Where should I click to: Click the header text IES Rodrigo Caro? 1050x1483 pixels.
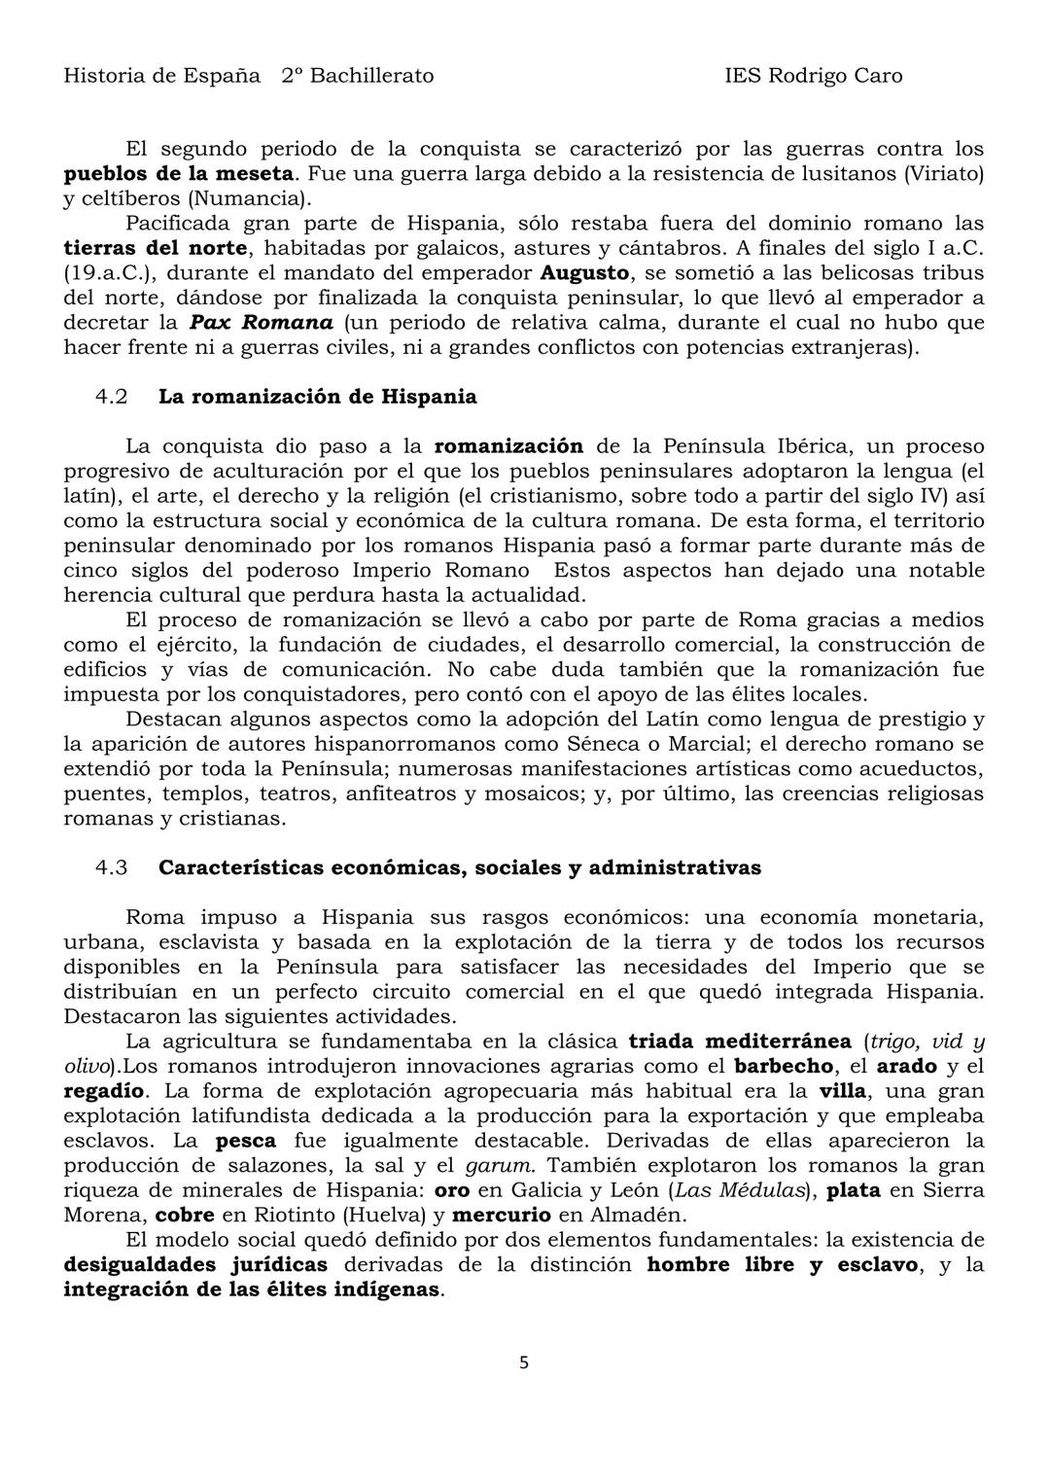coord(813,76)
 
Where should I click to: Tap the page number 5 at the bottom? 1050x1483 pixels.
coord(524,1362)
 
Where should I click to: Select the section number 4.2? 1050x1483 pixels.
coord(112,397)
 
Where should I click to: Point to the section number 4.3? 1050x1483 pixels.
coord(112,867)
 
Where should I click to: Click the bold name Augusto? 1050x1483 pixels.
coord(584,272)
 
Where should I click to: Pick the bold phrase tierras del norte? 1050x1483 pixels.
coord(155,248)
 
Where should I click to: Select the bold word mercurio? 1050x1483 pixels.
coord(502,1215)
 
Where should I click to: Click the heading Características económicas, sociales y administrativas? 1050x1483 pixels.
coord(459,867)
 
